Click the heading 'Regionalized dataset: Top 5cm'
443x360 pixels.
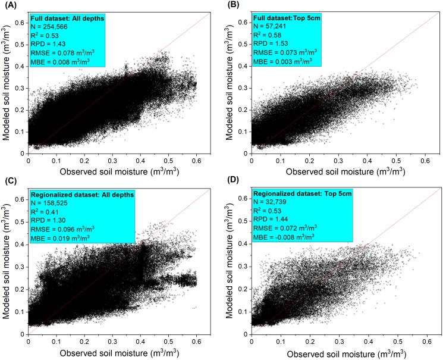pos(297,193)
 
